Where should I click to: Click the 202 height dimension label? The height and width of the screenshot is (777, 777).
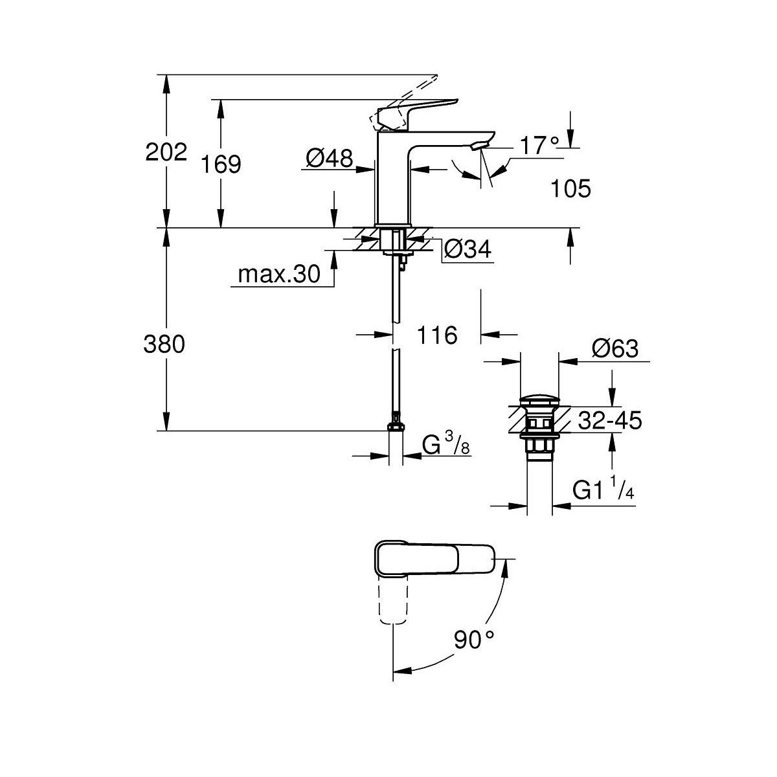166,152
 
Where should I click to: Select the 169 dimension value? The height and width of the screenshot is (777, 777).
221,164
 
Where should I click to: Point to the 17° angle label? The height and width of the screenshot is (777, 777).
539,145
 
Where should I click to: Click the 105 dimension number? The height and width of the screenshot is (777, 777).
570,188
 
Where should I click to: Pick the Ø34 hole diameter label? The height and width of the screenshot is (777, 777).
467,249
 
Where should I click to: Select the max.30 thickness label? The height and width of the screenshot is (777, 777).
279,274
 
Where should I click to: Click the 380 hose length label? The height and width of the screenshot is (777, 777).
164,344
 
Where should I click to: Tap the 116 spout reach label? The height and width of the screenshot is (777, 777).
437,335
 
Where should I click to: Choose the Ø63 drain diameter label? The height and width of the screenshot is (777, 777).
615,348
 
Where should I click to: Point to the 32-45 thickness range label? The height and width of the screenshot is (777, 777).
610,421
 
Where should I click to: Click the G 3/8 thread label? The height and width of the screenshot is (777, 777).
446,444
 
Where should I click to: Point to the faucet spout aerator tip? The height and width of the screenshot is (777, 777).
480,146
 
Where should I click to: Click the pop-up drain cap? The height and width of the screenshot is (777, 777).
539,401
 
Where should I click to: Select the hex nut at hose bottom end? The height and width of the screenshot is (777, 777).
395,427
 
